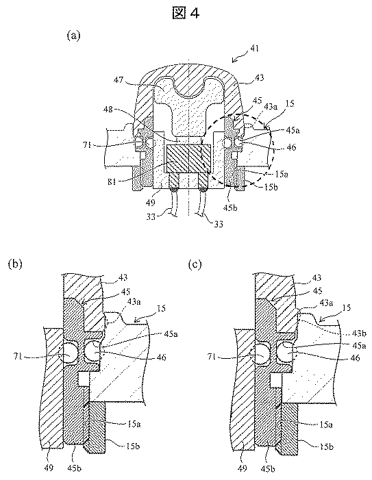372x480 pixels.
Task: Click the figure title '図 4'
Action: click(x=186, y=13)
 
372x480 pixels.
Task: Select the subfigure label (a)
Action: click(x=73, y=36)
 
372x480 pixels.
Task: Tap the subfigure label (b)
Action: click(x=15, y=264)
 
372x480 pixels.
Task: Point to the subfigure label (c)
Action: click(x=195, y=264)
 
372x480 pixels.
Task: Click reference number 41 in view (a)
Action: click(x=254, y=49)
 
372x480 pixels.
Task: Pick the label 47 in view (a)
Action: click(x=119, y=80)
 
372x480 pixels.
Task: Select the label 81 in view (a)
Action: click(x=112, y=181)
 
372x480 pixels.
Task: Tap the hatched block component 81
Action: click(x=188, y=159)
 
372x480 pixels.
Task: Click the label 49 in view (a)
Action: click(x=151, y=203)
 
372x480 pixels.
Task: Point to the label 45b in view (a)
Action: click(x=231, y=208)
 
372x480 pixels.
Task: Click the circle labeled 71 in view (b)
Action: click(x=72, y=353)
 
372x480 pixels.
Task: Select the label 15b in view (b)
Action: click(x=133, y=446)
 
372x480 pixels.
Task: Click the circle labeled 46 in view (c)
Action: click(x=285, y=351)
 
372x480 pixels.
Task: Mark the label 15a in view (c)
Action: click(x=326, y=425)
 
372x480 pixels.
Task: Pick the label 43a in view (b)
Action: click(x=134, y=302)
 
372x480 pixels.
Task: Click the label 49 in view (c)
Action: click(x=242, y=468)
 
